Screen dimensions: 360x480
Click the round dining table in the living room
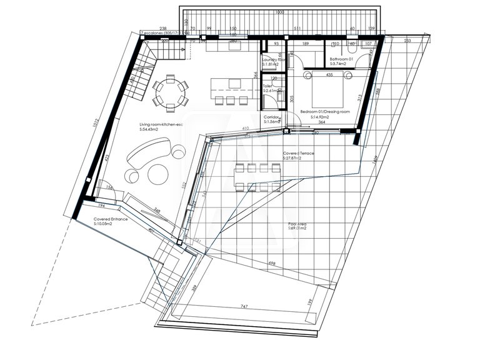(x=169, y=92)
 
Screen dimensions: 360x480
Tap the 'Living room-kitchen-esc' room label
(x=161, y=126)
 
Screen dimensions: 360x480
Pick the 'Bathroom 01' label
(x=342, y=58)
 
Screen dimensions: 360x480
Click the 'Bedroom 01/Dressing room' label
(x=324, y=111)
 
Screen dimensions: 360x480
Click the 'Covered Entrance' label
(x=111, y=219)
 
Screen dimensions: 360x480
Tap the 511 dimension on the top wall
(x=297, y=29)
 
